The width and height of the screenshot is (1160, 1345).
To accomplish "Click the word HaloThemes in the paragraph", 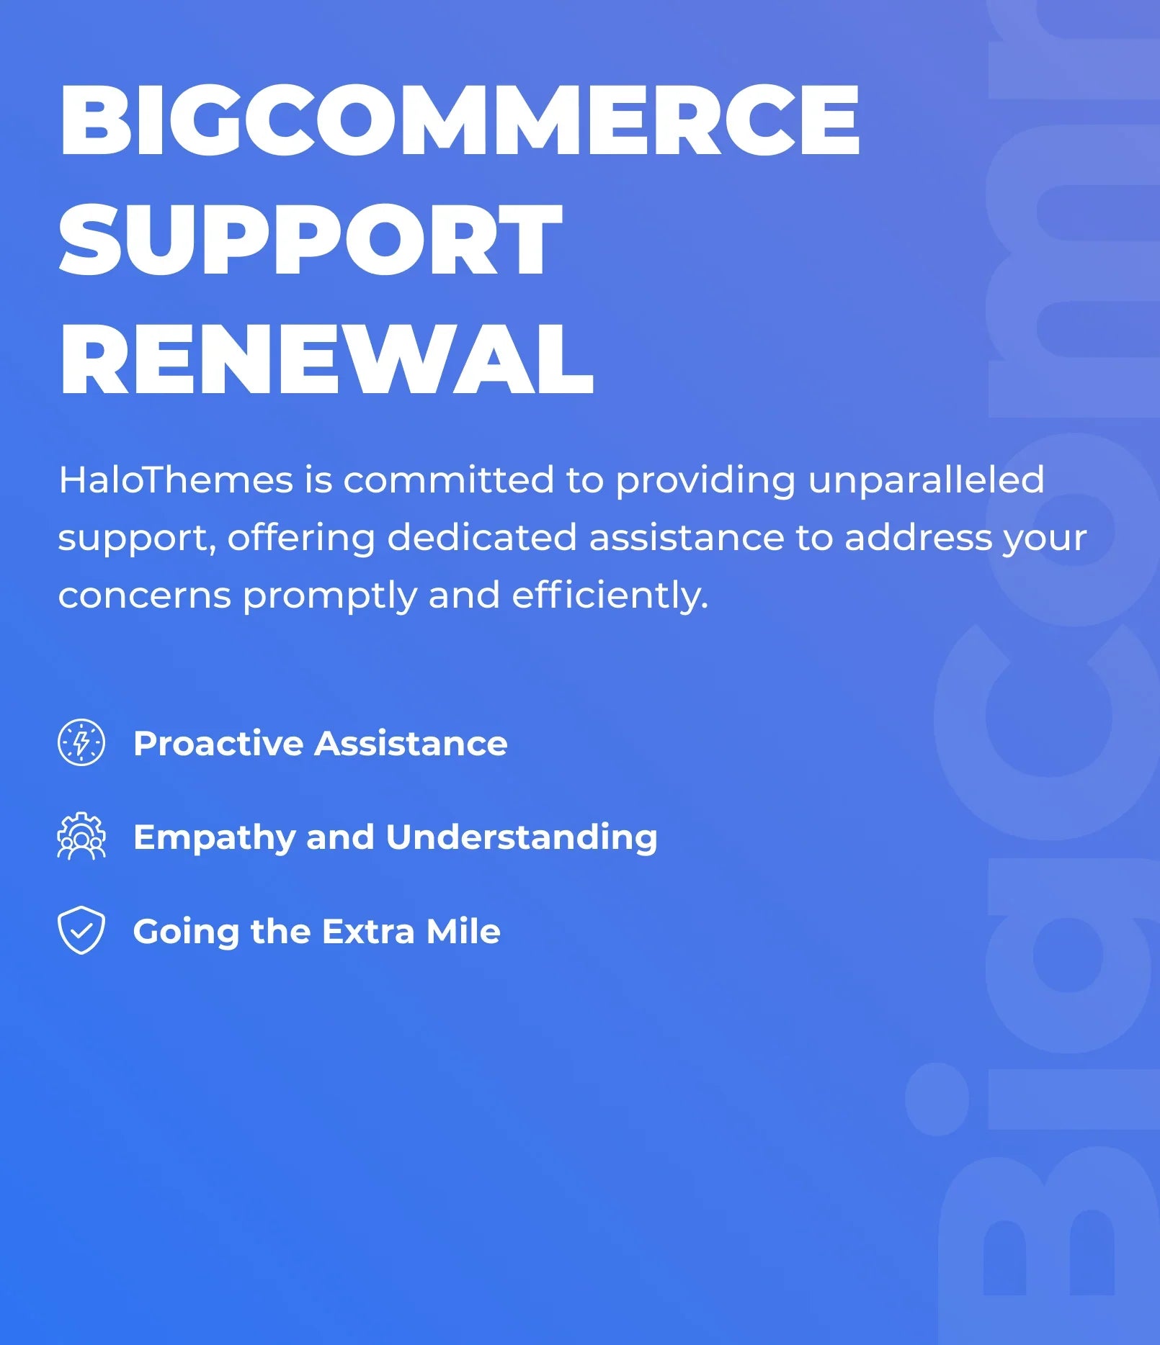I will [176, 480].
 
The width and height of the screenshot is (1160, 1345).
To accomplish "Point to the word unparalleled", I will [926, 480].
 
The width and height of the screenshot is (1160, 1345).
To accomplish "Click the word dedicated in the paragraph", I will [482, 537].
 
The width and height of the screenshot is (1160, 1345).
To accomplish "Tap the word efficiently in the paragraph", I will [610, 596].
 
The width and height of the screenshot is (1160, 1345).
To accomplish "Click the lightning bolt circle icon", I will [81, 742].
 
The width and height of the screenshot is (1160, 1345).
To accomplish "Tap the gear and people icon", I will [81, 836].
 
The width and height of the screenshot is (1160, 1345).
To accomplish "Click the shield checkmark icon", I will [81, 930].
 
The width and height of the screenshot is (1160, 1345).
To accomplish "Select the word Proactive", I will [218, 743].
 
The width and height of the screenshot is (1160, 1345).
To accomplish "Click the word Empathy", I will [214, 838].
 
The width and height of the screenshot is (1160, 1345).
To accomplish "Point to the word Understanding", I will [522, 837].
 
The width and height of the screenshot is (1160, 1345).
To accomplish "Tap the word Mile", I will [463, 931].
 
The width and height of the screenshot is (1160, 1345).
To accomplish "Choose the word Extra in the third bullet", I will [368, 931].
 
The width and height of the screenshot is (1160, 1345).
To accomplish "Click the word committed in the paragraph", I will [448, 480].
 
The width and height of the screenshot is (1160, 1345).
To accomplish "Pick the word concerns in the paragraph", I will [144, 596].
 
